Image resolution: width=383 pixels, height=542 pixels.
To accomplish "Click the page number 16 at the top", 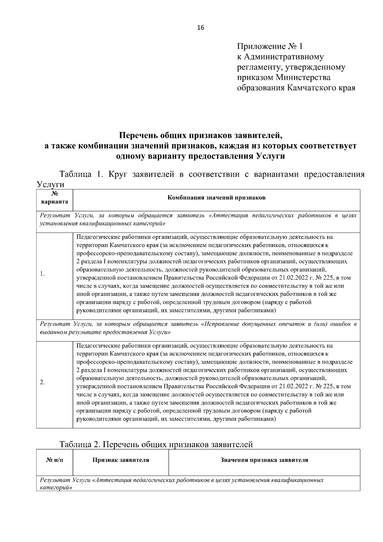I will (x=200, y=28).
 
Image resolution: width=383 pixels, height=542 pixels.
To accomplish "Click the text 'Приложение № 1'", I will (x=269, y=47).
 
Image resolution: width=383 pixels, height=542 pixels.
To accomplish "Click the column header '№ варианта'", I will (x=55, y=198).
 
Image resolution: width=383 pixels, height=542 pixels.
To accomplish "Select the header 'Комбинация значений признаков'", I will (x=217, y=198).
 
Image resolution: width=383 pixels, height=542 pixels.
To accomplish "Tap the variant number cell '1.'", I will (x=42, y=274).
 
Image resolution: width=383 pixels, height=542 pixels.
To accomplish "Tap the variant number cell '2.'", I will (x=42, y=382).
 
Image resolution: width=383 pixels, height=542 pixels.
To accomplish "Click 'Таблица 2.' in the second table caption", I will (x=80, y=444).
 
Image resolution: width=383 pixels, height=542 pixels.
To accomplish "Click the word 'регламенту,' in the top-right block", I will (x=259, y=67).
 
